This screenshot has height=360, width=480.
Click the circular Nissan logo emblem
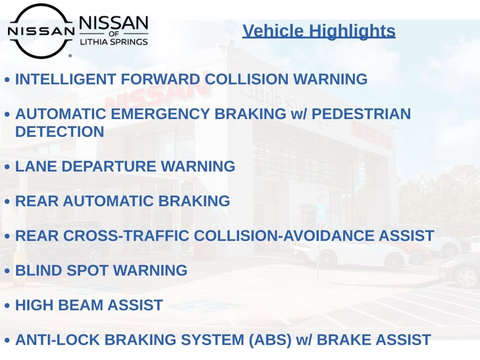pyautogui.click(x=41, y=31)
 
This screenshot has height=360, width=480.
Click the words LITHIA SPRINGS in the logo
pyautogui.click(x=113, y=42)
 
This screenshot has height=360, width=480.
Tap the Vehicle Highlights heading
pyautogui.click(x=319, y=31)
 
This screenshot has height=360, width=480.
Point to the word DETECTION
pyautogui.click(x=60, y=132)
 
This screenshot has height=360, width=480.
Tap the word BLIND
pyautogui.click(x=38, y=270)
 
